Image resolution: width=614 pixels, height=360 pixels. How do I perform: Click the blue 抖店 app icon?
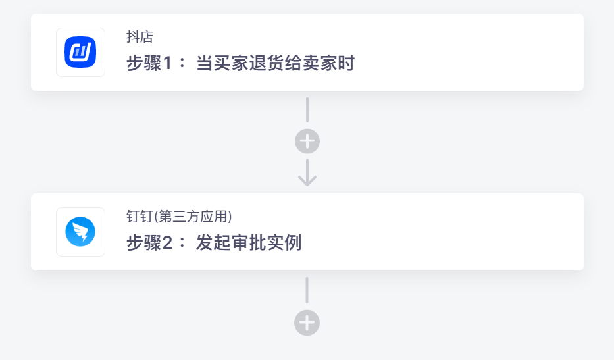(80, 52)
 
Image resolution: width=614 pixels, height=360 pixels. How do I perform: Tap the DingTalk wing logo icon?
(80, 232)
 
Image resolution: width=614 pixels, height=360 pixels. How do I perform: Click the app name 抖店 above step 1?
(140, 37)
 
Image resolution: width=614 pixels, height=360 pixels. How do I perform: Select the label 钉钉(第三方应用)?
(179, 217)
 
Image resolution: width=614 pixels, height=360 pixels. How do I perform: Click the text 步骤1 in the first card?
(149, 63)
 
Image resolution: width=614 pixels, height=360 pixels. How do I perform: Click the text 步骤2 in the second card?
(149, 242)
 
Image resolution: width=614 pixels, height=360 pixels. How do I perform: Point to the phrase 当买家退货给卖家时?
(275, 63)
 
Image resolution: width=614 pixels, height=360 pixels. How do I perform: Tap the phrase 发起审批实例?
(249, 242)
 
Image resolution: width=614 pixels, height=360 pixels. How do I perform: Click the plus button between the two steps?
(307, 141)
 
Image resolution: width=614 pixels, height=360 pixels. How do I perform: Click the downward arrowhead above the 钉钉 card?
(307, 180)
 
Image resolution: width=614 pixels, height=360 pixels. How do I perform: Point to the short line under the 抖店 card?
(307, 110)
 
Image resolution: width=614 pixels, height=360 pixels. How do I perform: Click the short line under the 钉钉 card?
(307, 290)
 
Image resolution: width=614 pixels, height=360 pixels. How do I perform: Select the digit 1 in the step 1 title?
(168, 63)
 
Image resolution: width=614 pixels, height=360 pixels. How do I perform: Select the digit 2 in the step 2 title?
(168, 243)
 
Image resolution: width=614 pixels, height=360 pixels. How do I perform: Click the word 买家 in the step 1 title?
(231, 63)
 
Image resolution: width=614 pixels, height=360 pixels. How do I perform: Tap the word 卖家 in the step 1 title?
(320, 63)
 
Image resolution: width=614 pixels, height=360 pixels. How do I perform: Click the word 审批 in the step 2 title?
(249, 242)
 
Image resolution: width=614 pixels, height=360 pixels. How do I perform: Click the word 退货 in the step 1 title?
(267, 63)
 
